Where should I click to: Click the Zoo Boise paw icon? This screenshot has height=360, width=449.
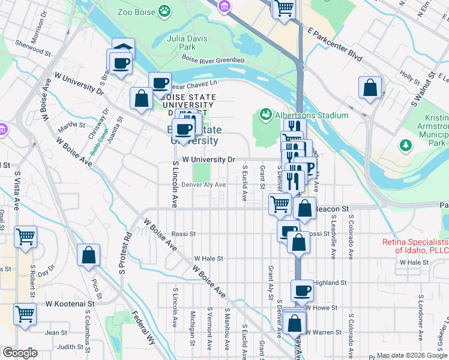pyautogui.click(x=164, y=11)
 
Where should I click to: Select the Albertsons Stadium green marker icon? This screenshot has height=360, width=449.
pyautogui.click(x=264, y=113)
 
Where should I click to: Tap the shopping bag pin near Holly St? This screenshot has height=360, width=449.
pyautogui.click(x=370, y=88)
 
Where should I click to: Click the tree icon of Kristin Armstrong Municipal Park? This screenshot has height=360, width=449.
pyautogui.click(x=406, y=145)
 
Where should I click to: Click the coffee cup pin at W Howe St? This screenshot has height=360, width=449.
pyautogui.click(x=303, y=291)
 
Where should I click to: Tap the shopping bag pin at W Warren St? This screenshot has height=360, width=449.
pyautogui.click(x=294, y=323)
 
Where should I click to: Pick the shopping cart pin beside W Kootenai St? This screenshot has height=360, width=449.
pyautogui.click(x=25, y=313)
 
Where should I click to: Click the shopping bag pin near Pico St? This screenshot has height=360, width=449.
pyautogui.click(x=88, y=255)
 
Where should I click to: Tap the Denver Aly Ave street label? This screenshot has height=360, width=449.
pyautogui.click(x=203, y=185)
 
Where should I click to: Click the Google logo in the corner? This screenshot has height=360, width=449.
pyautogui.click(x=20, y=353)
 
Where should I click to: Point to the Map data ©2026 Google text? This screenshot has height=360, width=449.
pyautogui.click(x=411, y=355)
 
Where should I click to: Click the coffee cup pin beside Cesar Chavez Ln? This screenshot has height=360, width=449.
pyautogui.click(x=160, y=83)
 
